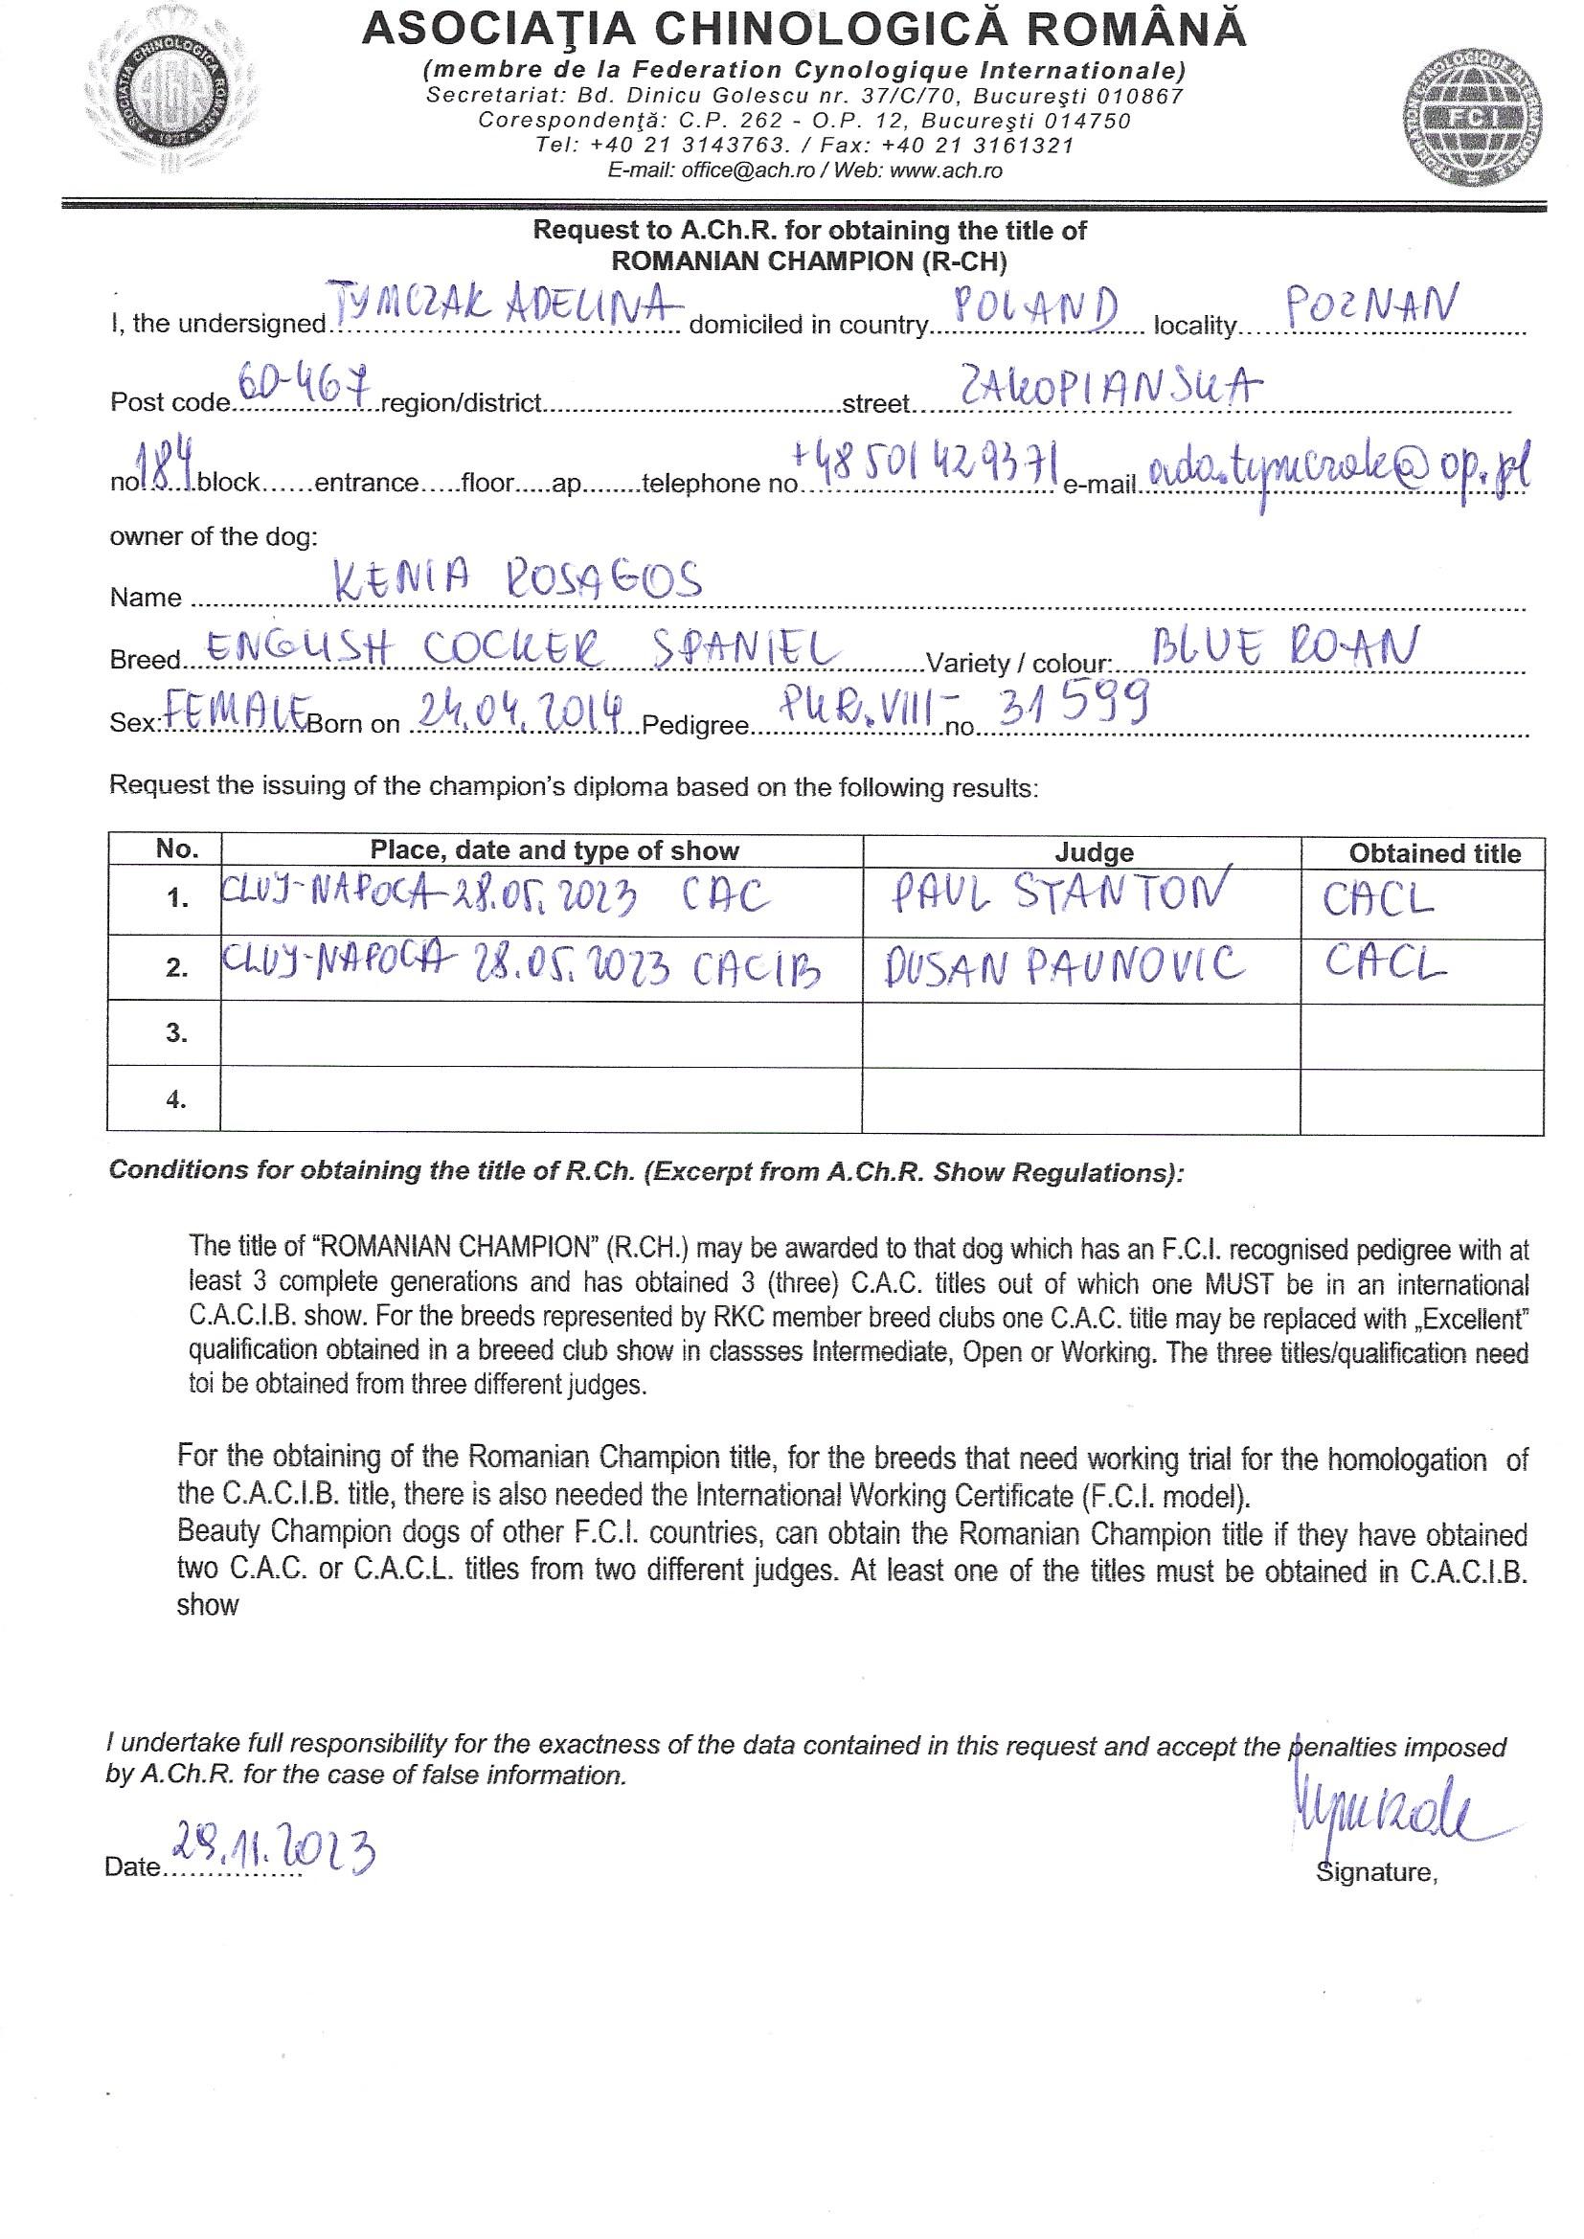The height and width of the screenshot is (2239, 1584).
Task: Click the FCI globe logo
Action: [1474, 115]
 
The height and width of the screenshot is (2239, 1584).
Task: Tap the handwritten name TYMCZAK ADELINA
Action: [506, 307]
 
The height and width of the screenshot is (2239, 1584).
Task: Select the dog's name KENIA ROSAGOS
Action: [517, 581]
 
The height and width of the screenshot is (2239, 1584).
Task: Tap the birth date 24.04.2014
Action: [521, 710]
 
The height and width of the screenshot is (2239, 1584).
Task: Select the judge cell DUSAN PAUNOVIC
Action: [1066, 965]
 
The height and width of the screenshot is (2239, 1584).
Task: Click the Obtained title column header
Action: [1434, 853]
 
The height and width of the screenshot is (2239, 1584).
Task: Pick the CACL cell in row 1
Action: [1378, 899]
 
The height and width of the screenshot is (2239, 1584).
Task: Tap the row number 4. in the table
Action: [176, 1099]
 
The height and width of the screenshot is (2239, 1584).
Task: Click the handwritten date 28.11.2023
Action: [275, 1849]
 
